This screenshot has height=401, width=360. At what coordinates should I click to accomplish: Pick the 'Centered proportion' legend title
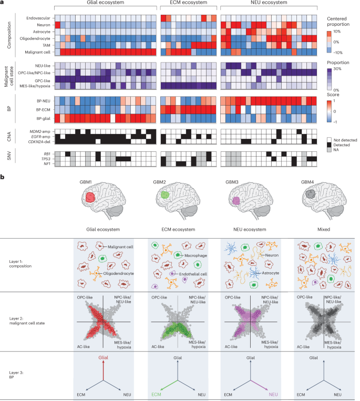click(x=340, y=20)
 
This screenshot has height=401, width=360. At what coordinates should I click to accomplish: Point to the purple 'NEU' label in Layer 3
click(x=273, y=393)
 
